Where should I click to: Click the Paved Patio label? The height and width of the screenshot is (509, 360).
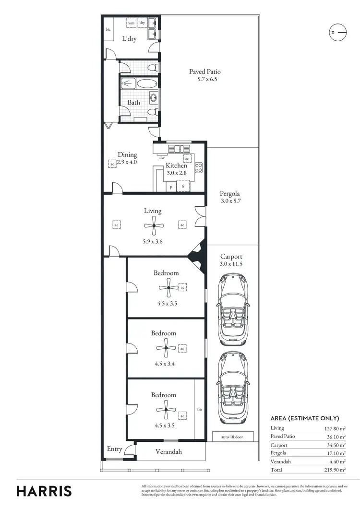click(x=204, y=72)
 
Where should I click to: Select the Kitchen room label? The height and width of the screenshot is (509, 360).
click(x=176, y=166)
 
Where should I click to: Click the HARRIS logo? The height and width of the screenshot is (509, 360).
click(x=44, y=491)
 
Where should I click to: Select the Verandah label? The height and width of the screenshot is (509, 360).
click(x=168, y=451)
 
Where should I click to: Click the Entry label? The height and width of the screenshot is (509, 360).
click(x=114, y=450)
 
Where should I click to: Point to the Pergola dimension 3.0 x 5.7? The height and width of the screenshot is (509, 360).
click(x=230, y=201)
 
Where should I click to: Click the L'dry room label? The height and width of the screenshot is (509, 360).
click(x=129, y=39)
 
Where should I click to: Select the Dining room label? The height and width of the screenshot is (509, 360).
click(x=128, y=154)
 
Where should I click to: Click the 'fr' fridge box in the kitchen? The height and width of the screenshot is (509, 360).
click(x=183, y=186)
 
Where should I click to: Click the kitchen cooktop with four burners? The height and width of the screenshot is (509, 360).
click(x=199, y=168)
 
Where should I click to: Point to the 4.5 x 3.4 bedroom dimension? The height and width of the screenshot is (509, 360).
click(x=165, y=364)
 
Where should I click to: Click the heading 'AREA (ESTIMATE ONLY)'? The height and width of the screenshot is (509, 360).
click(x=305, y=418)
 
